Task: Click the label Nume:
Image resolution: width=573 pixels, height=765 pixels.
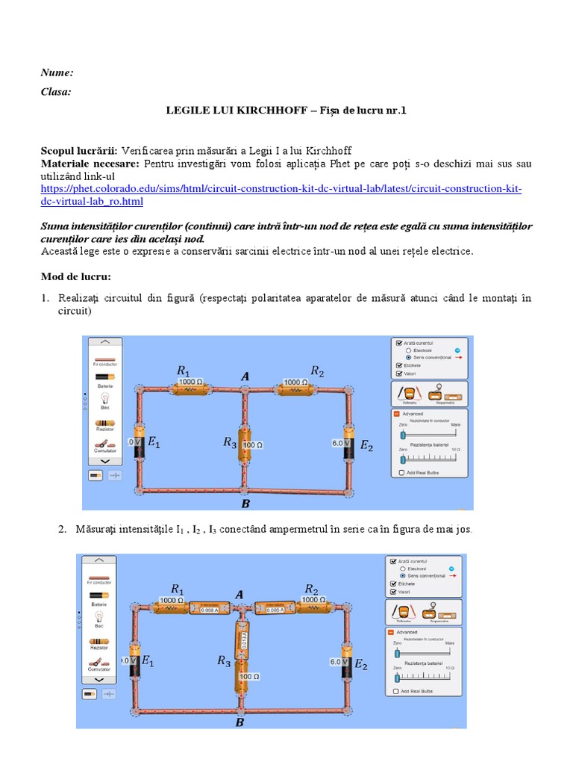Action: pos(57,72)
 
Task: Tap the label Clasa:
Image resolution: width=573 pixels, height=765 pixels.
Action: pos(57,92)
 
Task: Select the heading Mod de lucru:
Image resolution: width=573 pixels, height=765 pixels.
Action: pos(75,276)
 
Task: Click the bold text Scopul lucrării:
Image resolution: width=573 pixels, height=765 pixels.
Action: pos(79,151)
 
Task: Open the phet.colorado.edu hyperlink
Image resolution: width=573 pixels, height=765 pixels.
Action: pos(281,189)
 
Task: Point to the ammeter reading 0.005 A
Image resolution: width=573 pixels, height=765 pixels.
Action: pos(276,608)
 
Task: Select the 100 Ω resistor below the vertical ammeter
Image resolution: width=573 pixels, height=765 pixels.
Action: pos(248,677)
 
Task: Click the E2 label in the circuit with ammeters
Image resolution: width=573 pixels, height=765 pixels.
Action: pos(360,664)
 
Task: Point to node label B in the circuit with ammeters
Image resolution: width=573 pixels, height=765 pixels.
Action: pos(239,722)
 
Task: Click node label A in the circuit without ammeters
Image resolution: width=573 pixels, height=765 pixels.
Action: pos(245,377)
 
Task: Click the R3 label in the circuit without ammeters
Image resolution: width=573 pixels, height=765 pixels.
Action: pos(229,442)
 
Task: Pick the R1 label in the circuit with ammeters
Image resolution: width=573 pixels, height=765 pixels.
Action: pos(178,588)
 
